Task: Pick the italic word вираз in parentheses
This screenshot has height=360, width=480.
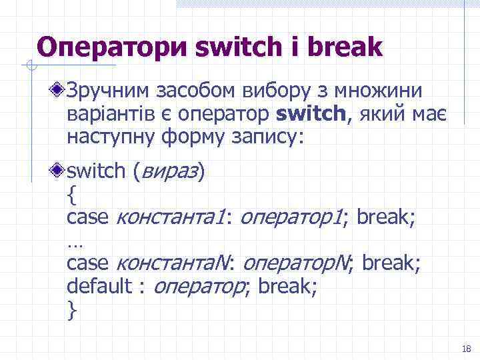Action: [170, 172]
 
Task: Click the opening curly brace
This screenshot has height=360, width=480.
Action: [71, 195]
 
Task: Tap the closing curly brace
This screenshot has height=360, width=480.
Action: [71, 310]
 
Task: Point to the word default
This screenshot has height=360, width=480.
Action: [99, 287]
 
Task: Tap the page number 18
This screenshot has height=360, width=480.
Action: [465, 349]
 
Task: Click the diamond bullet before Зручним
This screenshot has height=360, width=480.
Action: [59, 89]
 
